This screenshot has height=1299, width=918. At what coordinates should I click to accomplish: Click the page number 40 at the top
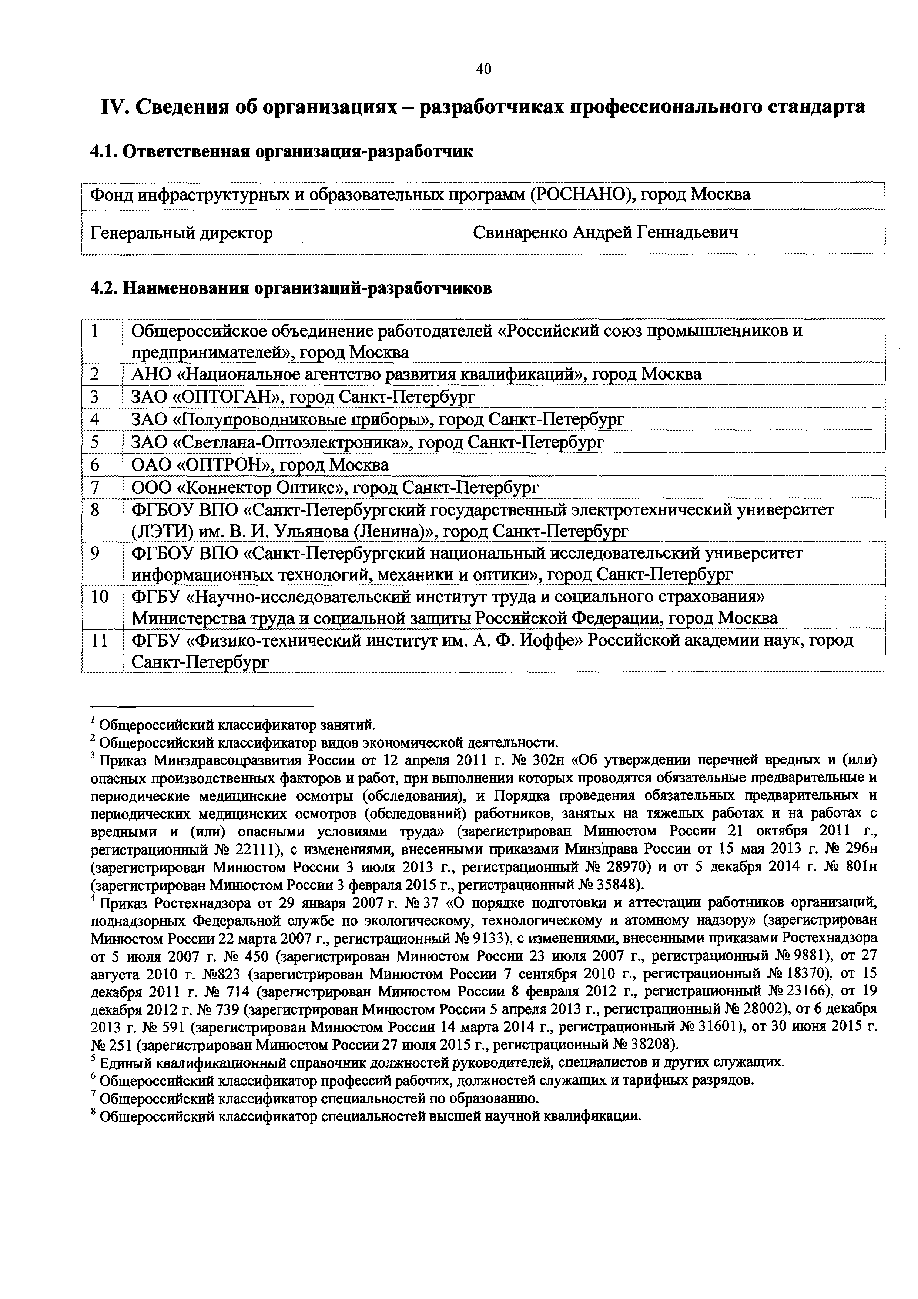coord(483,69)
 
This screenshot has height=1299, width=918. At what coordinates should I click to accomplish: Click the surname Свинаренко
coord(520,233)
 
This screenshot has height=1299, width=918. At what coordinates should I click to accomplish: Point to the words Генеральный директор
coord(181,233)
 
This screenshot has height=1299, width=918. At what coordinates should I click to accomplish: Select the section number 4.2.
coord(104,288)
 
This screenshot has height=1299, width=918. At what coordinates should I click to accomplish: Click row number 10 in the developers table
coord(100,596)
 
